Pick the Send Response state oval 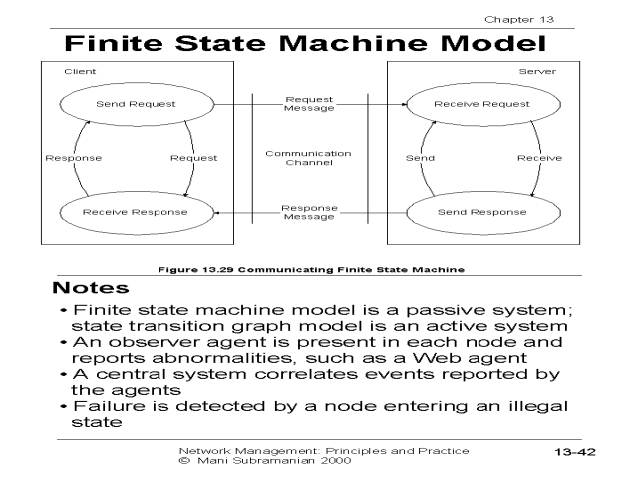481,212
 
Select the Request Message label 309,104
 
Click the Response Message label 309,212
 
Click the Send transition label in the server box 421,158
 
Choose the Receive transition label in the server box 539,158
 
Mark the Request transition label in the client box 194,158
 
